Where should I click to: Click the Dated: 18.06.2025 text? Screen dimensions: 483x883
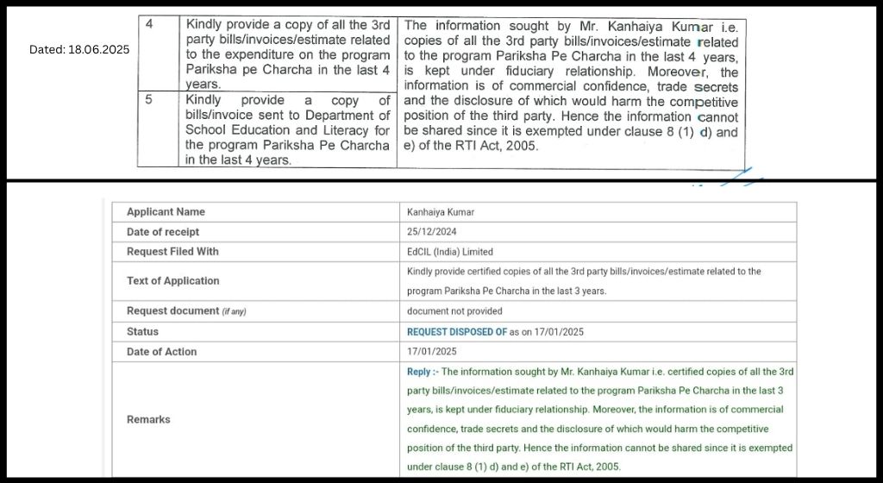coord(79,49)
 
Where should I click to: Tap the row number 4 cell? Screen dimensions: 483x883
coord(149,24)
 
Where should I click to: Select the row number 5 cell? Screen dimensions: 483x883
coord(149,100)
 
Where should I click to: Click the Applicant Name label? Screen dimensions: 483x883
coord(166,212)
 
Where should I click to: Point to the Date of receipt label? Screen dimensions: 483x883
coord(163,232)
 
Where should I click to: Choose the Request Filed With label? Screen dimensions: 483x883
coord(172,252)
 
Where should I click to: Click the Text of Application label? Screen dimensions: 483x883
coord(172,281)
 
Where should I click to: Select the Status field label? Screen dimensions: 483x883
coord(142,331)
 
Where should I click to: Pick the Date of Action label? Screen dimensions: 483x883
coord(161,352)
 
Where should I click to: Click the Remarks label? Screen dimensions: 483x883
coord(148,420)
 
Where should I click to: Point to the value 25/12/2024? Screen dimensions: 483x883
coord(432,232)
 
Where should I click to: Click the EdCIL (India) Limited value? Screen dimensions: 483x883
coord(450,252)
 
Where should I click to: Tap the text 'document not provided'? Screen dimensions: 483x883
coord(454,311)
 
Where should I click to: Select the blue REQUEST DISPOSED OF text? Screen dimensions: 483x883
coord(457,331)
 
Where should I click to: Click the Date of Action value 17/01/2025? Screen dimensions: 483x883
coord(432,352)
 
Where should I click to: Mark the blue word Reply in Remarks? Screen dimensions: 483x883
coord(418,372)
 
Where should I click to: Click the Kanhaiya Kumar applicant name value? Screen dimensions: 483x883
coord(440,212)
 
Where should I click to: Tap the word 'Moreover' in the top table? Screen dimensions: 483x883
coord(679,72)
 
